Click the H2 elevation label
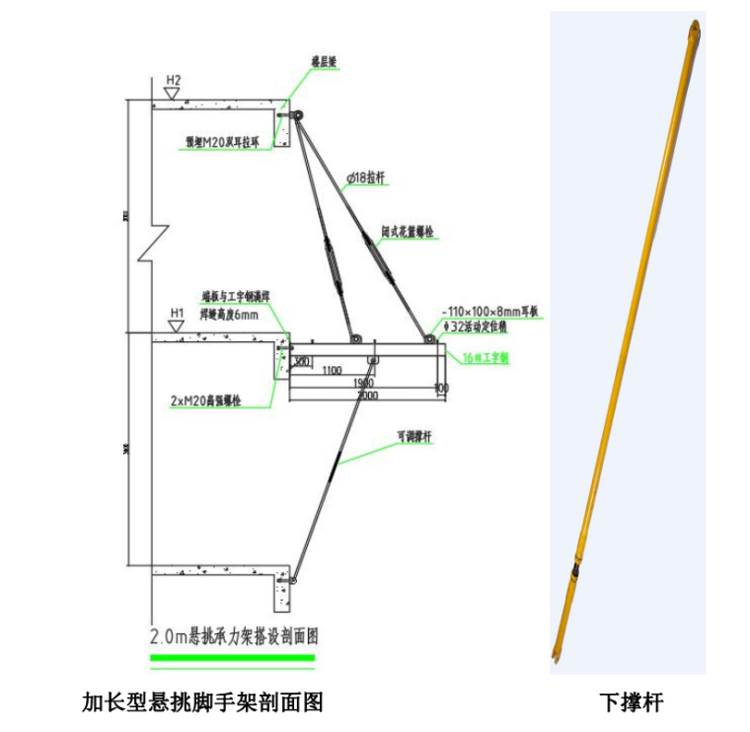[x=174, y=79]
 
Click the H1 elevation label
[x=177, y=314]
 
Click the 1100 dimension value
[x=331, y=371]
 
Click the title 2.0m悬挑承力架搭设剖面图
[x=233, y=636]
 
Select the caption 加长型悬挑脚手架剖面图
[x=202, y=702]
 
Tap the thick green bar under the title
[x=233, y=658]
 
